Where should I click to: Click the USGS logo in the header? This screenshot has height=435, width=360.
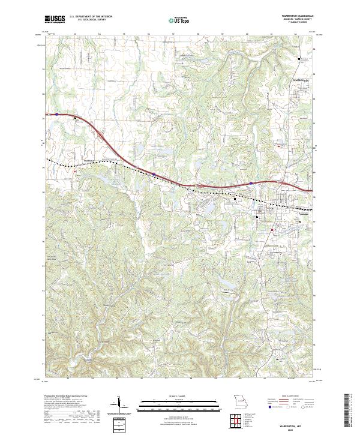coord(55,20)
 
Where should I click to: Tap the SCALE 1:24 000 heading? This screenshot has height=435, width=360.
coord(178,397)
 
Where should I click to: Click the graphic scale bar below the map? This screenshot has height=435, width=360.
coord(178,404)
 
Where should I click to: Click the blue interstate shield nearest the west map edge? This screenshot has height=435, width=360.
coord(57,113)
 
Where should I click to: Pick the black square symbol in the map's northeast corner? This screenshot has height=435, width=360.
coord(300,59)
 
